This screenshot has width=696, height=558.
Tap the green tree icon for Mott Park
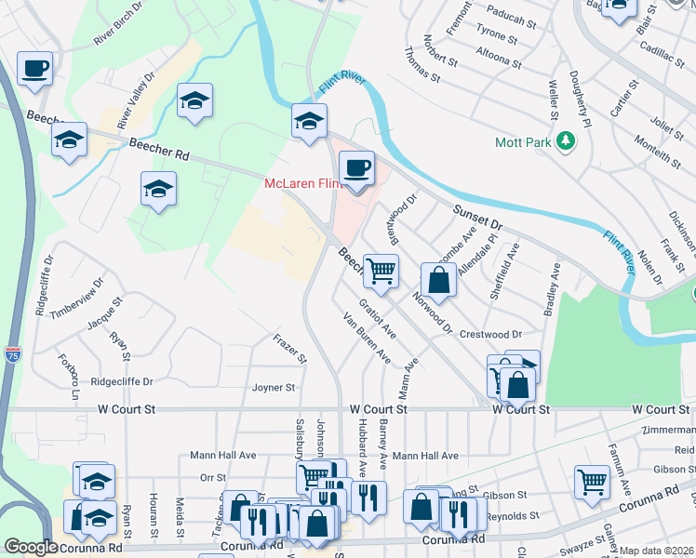tap(563, 142)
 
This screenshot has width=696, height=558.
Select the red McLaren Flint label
tap(299, 183)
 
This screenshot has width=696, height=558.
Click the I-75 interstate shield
tap(12, 354)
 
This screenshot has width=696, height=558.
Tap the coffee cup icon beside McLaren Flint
tap(356, 168)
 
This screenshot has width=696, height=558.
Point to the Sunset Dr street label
tap(477, 219)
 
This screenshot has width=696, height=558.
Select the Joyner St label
tap(273, 388)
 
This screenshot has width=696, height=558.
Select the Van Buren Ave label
tap(366, 339)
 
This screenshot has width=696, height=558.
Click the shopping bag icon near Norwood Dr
tap(438, 279)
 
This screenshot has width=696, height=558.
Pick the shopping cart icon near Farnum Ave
tap(592, 482)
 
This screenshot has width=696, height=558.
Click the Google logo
tap(31, 547)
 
